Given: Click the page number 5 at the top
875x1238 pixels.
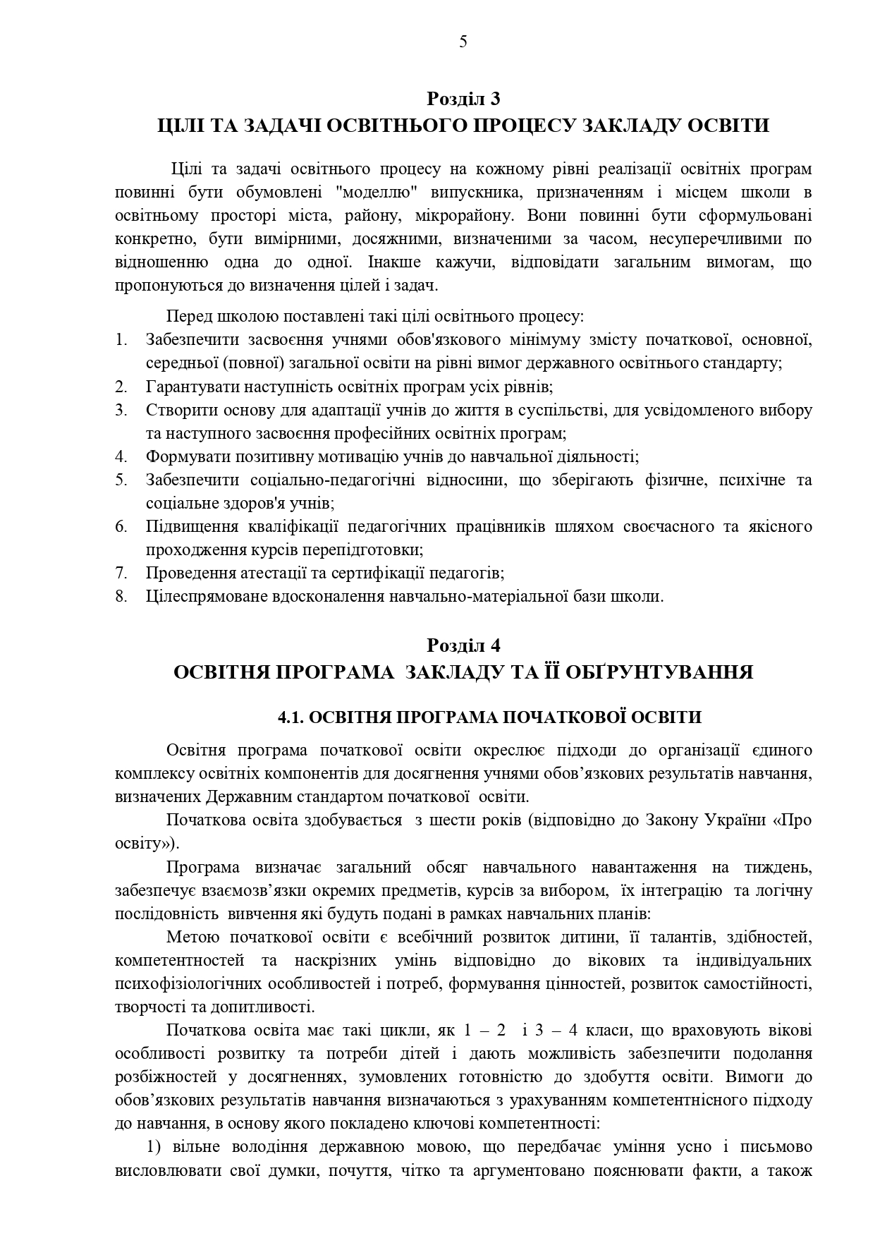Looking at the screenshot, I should (463, 42).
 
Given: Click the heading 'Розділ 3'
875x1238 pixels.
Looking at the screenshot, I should (463, 98).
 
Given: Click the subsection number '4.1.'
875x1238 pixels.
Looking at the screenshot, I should (290, 717).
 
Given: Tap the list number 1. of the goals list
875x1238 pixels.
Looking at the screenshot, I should (121, 340).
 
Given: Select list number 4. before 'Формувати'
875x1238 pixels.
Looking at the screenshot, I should (121, 456).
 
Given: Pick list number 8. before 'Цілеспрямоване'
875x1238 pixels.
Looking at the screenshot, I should (121, 596).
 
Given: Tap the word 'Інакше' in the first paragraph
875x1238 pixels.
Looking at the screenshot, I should (392, 262).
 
